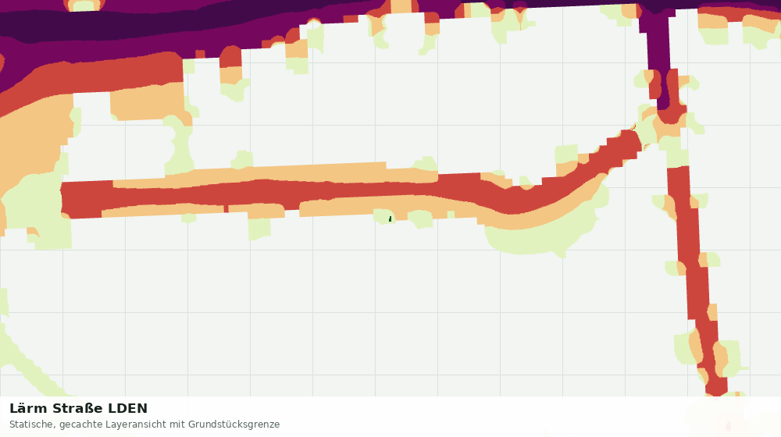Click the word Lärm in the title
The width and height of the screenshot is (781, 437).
coord(28,408)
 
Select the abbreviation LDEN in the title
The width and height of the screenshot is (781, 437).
coord(128,408)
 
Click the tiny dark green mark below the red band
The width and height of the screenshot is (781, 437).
coord(390,219)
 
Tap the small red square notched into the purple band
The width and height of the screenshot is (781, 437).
coord(200,54)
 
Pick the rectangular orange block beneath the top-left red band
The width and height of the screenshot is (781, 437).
coord(148,103)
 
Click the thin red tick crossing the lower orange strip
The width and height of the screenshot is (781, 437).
coord(226,208)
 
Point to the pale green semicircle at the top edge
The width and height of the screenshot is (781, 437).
coord(84,5)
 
